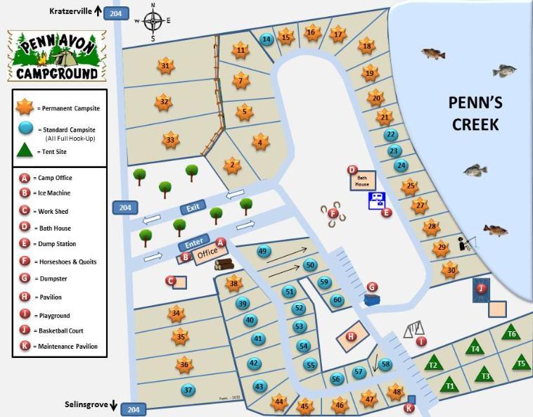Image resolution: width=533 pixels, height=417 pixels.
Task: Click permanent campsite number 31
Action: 165,67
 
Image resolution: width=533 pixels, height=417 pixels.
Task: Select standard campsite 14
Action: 266,39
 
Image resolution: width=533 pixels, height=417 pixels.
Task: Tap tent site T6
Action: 512,333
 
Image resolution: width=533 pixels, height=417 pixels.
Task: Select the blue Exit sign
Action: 193,208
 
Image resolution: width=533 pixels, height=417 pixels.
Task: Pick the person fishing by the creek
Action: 465,244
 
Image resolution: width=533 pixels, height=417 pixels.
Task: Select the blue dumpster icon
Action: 372,299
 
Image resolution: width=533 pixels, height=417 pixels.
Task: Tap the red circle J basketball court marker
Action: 482,288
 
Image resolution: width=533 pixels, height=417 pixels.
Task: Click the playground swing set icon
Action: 414,328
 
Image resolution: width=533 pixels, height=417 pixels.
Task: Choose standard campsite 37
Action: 188,390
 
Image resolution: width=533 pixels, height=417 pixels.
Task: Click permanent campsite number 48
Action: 397,392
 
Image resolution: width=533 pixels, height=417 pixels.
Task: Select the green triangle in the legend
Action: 25,150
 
